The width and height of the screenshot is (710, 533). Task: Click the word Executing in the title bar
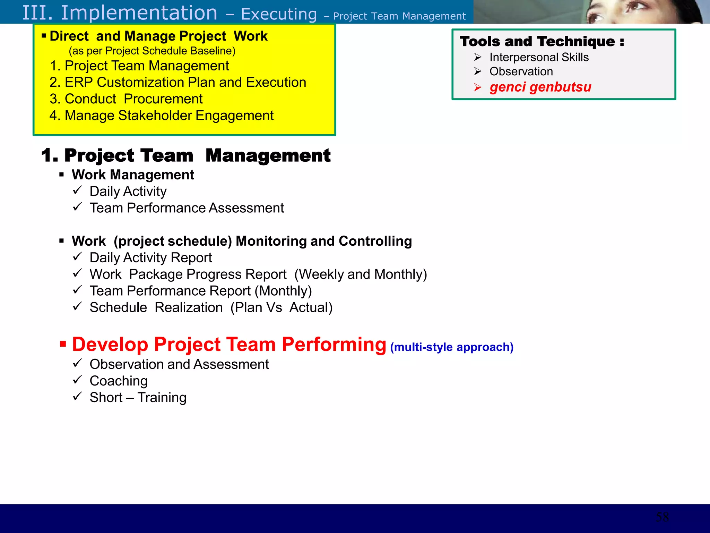(279, 14)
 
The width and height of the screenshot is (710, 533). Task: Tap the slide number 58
(662, 517)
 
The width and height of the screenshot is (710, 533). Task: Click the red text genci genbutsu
(540, 87)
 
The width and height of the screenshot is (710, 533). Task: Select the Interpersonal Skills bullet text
(539, 57)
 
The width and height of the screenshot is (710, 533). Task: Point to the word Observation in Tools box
(521, 71)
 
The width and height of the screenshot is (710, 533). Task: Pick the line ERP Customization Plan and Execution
(178, 83)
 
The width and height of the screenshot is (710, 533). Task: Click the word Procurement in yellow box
(163, 99)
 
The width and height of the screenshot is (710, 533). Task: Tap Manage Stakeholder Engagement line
(162, 116)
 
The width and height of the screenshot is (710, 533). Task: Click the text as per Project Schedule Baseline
(152, 51)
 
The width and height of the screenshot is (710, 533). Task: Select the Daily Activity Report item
(150, 258)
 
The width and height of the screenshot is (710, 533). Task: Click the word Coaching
(119, 381)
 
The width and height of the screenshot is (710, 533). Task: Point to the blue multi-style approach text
(451, 347)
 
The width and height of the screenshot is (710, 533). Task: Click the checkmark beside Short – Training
(77, 396)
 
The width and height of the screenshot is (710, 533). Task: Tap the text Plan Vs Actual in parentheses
(282, 308)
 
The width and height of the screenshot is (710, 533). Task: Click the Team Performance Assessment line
(187, 208)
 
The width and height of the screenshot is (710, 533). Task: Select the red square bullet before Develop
(63, 344)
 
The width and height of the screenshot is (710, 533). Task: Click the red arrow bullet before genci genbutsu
(478, 87)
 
